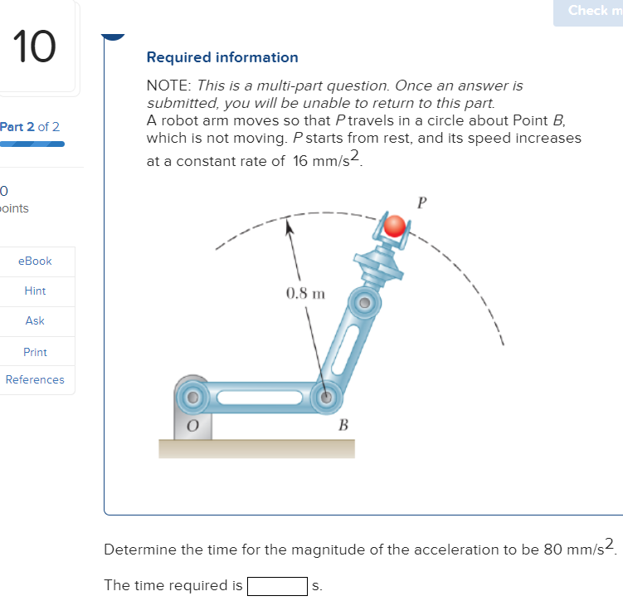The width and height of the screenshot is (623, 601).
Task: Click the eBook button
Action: click(x=35, y=261)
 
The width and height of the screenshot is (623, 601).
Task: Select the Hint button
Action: click(x=35, y=291)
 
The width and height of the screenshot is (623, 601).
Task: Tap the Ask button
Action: click(x=35, y=320)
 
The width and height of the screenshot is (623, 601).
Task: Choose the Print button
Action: click(x=35, y=352)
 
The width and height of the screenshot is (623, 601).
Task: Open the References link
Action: click(x=35, y=379)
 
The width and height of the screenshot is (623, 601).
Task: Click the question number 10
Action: click(x=34, y=47)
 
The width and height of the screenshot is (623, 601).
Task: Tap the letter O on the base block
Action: click(x=192, y=425)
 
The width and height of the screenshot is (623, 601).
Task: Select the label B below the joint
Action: click(x=342, y=426)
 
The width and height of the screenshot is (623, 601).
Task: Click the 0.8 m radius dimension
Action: click(x=305, y=293)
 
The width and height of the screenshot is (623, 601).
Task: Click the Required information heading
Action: click(x=222, y=57)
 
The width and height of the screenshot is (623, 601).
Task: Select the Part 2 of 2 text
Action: click(x=30, y=127)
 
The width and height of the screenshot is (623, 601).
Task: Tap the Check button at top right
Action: click(x=592, y=11)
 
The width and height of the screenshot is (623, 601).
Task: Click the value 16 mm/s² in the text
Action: click(x=328, y=160)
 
